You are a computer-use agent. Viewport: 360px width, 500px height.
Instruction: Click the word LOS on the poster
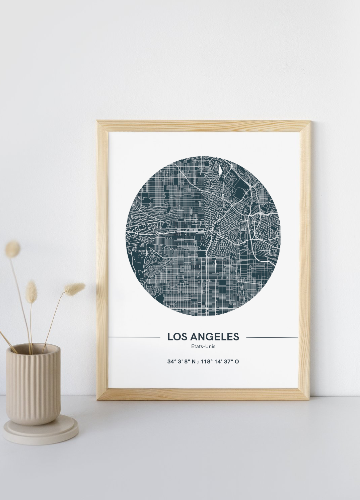pos(175,337)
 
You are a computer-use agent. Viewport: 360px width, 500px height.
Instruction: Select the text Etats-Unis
pos(203,346)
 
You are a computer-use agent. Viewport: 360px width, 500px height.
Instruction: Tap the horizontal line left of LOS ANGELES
pos(134,337)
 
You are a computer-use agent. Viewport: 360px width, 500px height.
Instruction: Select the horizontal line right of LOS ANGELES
pos(272,337)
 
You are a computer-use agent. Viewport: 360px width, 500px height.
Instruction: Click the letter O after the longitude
pos(237,361)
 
